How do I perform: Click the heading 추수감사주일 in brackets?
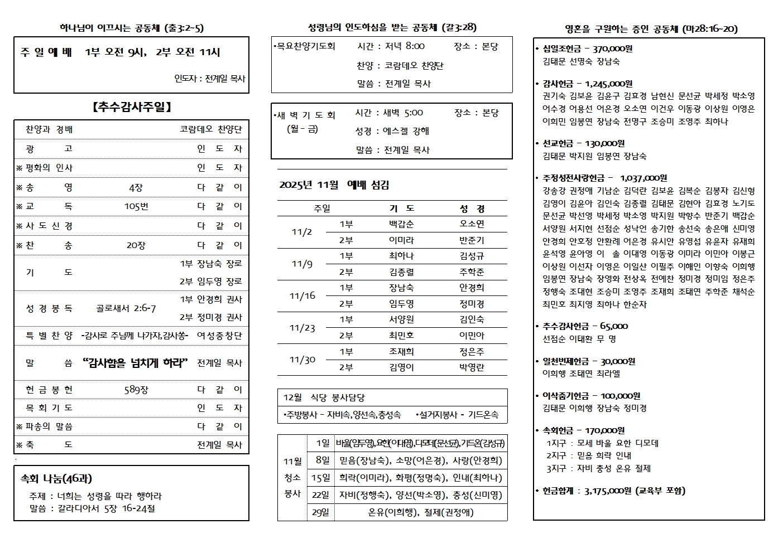pyautogui.click(x=132, y=107)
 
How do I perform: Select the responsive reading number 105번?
pyautogui.click(x=136, y=207)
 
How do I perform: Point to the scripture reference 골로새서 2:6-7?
pyautogui.click(x=126, y=308)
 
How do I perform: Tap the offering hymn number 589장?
pyautogui.click(x=136, y=390)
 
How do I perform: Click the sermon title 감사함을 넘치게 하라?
pyautogui.click(x=135, y=363)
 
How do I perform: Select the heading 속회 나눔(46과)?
pyautogui.click(x=56, y=478)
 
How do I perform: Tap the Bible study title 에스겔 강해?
pyautogui.click(x=406, y=131)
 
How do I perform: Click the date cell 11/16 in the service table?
pyautogui.click(x=302, y=296)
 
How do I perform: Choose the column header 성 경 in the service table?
pyautogui.click(x=472, y=208)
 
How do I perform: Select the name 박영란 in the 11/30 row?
pyautogui.click(x=472, y=367)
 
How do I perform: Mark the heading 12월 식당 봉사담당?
pyautogui.click(x=324, y=397)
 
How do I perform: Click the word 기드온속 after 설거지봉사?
pyautogui.click(x=483, y=415)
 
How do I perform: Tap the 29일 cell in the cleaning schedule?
pyautogui.click(x=320, y=512)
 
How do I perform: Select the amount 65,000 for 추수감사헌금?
pyautogui.click(x=614, y=326)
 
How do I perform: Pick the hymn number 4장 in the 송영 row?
pyautogui.click(x=136, y=188)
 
